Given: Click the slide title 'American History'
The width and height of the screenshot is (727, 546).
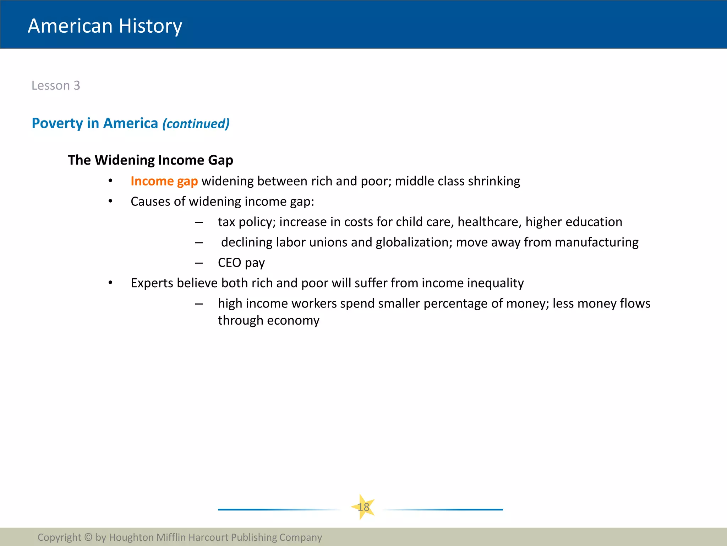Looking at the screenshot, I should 105,26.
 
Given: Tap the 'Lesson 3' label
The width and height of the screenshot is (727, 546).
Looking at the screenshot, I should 56,86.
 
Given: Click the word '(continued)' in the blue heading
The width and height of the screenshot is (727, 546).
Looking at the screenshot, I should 196,124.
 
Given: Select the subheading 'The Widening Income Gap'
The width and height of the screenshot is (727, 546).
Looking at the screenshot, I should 151,160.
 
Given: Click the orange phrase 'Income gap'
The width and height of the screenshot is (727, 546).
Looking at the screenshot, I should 164,181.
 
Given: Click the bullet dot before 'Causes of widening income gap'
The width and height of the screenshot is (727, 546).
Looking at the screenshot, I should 110,202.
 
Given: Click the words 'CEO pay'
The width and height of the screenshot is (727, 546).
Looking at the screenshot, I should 241,263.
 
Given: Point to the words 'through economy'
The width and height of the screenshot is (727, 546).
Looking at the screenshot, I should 268,321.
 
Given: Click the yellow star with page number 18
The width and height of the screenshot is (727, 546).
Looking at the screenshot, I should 363,507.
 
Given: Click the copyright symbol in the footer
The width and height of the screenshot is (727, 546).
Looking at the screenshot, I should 88,537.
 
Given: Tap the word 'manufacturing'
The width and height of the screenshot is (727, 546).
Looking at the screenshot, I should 596,242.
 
